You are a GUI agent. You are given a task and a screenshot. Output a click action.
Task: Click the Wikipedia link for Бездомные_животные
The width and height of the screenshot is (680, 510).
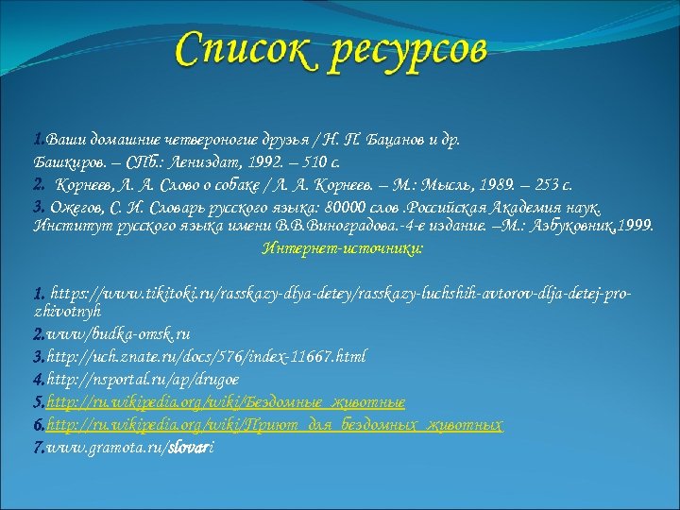tap(226, 401)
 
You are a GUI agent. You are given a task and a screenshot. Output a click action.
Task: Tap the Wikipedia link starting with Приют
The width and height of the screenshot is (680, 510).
tap(274, 425)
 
